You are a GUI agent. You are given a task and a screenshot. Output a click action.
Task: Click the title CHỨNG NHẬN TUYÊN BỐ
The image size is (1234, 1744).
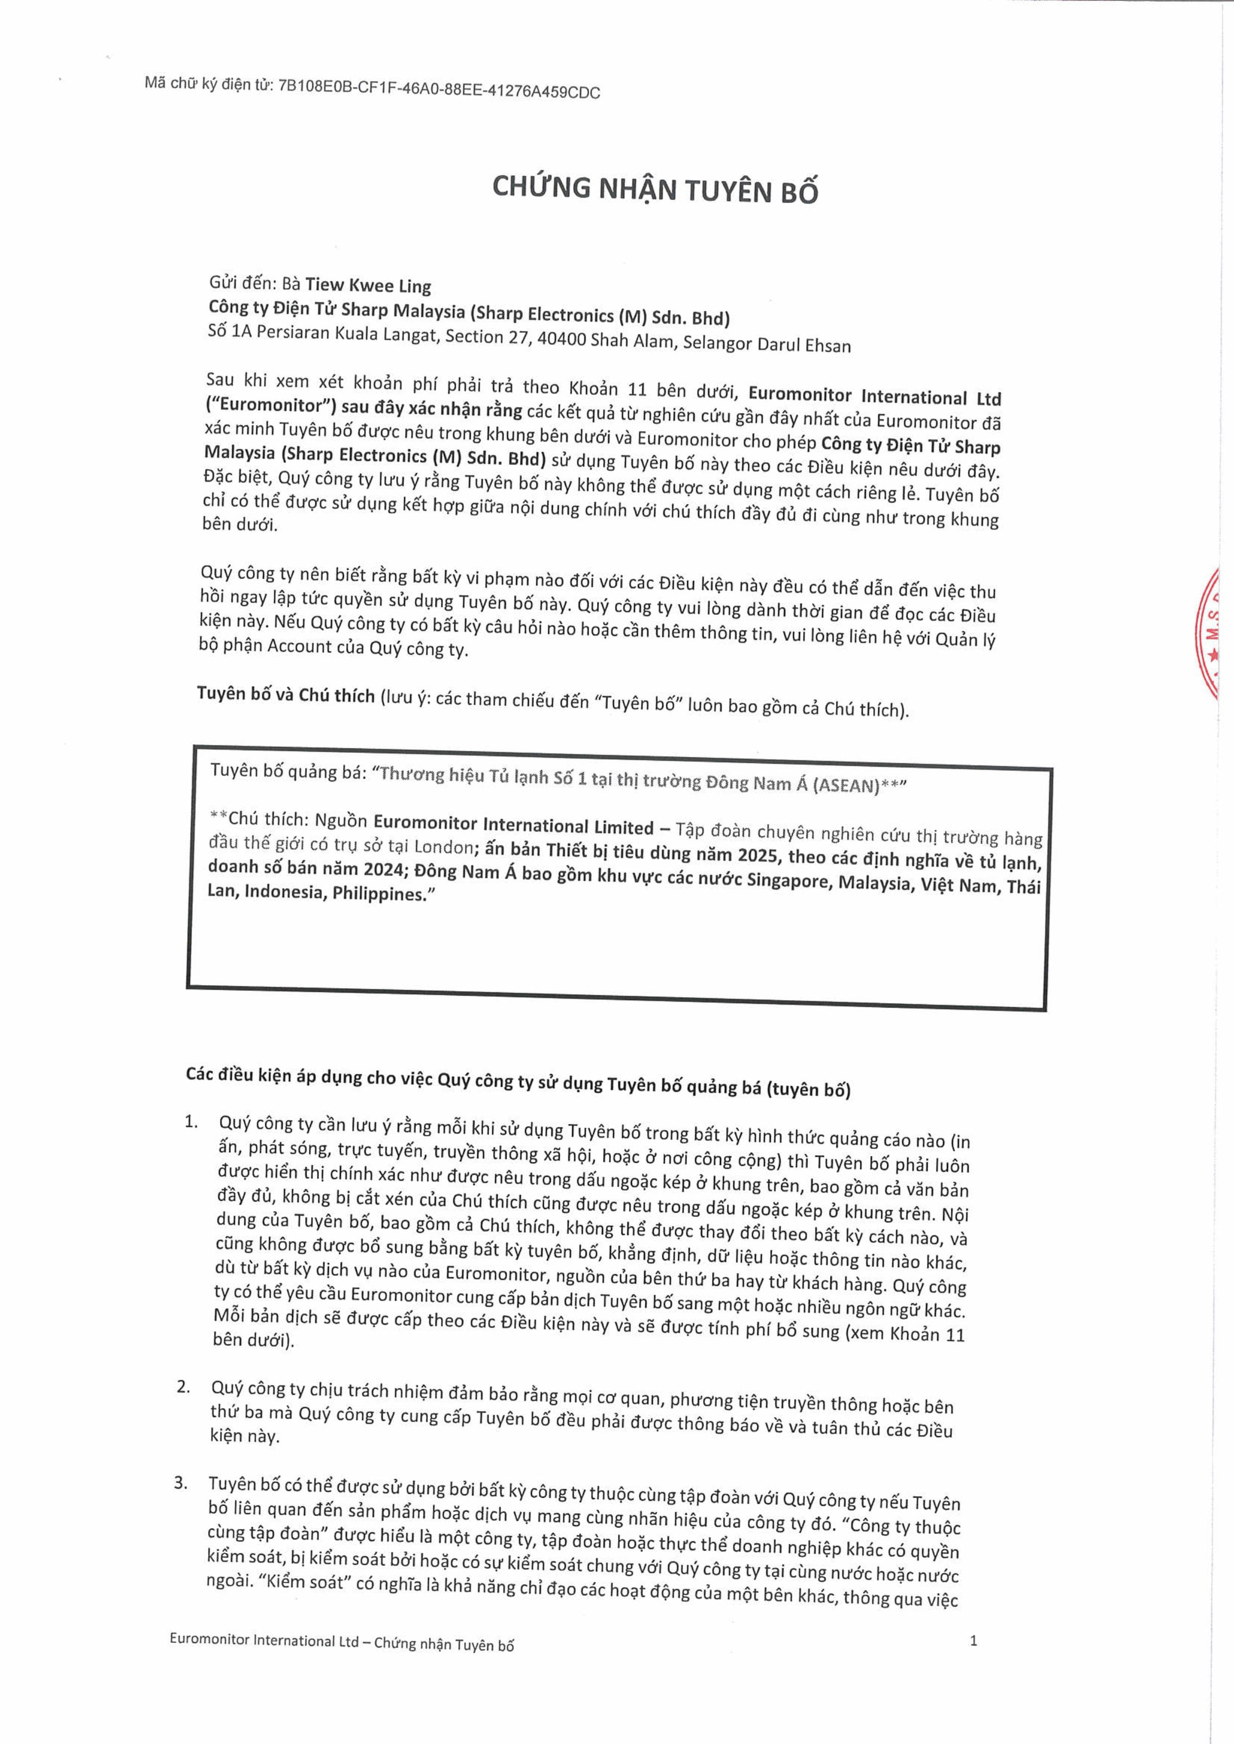655,189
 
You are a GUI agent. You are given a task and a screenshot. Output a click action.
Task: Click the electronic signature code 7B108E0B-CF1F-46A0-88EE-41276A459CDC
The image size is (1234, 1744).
439,90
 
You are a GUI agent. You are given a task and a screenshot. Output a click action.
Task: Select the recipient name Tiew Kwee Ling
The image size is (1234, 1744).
368,286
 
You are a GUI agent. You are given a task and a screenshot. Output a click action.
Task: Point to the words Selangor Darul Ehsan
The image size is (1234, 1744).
766,343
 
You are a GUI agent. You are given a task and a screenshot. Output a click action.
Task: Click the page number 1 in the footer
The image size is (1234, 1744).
973,1641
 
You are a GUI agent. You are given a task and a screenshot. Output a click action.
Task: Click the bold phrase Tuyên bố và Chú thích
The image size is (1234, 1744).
286,695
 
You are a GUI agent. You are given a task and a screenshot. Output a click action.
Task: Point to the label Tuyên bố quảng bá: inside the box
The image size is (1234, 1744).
288,771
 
